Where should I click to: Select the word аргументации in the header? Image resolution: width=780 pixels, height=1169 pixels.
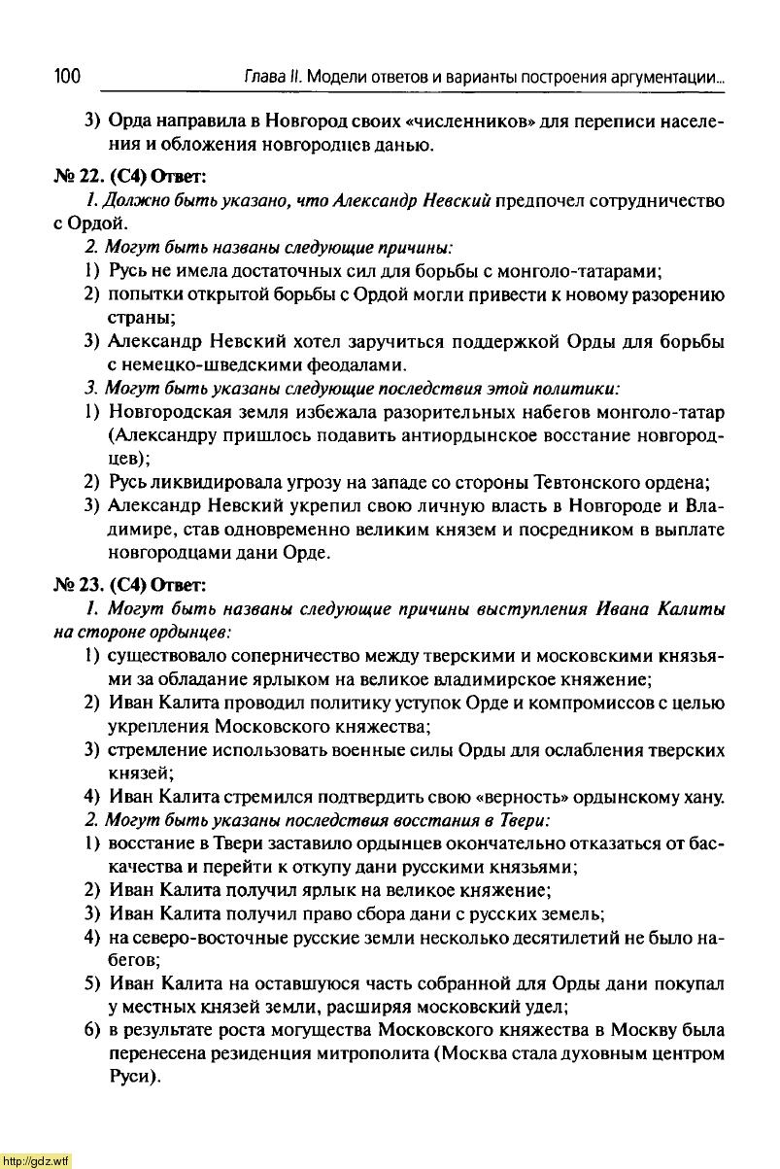pyautogui.click(x=666, y=77)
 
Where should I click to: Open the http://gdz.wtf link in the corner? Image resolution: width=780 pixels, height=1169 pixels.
pyautogui.click(x=36, y=1160)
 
